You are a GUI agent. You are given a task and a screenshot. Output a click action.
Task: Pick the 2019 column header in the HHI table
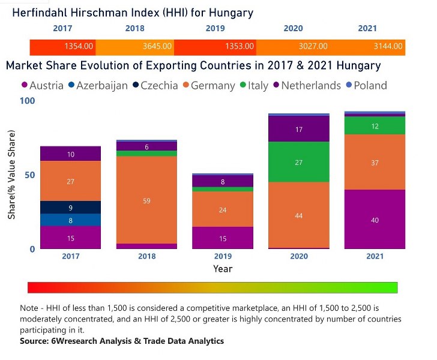[215, 28]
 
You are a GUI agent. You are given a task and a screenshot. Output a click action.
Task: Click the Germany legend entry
[212, 86]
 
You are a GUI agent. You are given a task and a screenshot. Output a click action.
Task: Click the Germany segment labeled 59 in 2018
[147, 200]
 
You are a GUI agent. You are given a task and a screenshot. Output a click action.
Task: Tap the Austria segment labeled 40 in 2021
[375, 220]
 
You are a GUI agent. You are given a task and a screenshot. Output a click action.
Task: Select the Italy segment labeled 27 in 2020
[299, 162]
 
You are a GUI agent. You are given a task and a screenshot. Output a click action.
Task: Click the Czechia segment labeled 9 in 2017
[71, 208]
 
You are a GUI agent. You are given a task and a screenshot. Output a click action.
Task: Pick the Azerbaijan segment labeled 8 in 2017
[71, 220]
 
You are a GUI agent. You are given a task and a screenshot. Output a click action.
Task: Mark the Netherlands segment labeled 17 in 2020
[299, 129]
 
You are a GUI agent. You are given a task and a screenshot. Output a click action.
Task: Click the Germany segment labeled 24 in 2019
[223, 209]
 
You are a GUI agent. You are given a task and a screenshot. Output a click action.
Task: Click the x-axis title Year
[223, 269]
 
